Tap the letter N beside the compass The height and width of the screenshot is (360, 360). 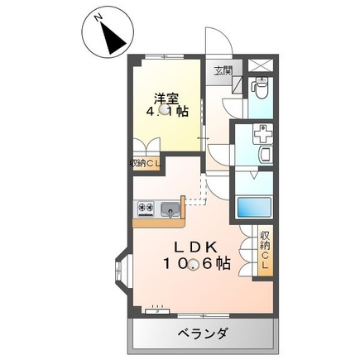(98, 18)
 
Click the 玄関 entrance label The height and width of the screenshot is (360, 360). (223, 71)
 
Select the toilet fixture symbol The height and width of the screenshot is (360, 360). (261, 89)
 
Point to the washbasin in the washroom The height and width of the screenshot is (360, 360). (266, 155)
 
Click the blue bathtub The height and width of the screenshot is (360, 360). (254, 208)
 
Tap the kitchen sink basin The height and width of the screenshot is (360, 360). (170, 209)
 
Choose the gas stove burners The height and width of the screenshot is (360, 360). (146, 207)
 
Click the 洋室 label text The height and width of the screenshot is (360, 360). (166, 98)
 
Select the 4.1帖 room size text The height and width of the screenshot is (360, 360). (167, 112)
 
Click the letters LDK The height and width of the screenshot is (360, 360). (194, 247)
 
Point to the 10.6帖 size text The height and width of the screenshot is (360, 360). (197, 264)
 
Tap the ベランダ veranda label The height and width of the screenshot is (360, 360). (203, 334)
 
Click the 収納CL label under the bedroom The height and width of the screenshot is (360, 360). (146, 164)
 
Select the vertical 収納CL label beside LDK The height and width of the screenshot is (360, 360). (266, 250)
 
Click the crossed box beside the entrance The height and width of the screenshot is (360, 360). (261, 65)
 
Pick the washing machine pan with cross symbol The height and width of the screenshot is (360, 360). (263, 134)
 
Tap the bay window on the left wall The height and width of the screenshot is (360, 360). (121, 268)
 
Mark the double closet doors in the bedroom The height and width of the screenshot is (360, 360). (146, 145)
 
